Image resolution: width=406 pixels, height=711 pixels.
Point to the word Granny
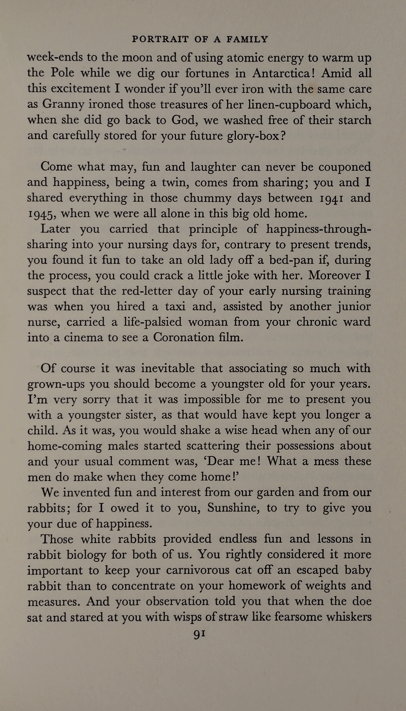point(63,105)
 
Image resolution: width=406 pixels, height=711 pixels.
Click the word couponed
point(345,167)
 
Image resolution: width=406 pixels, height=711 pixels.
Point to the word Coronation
point(183,337)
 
